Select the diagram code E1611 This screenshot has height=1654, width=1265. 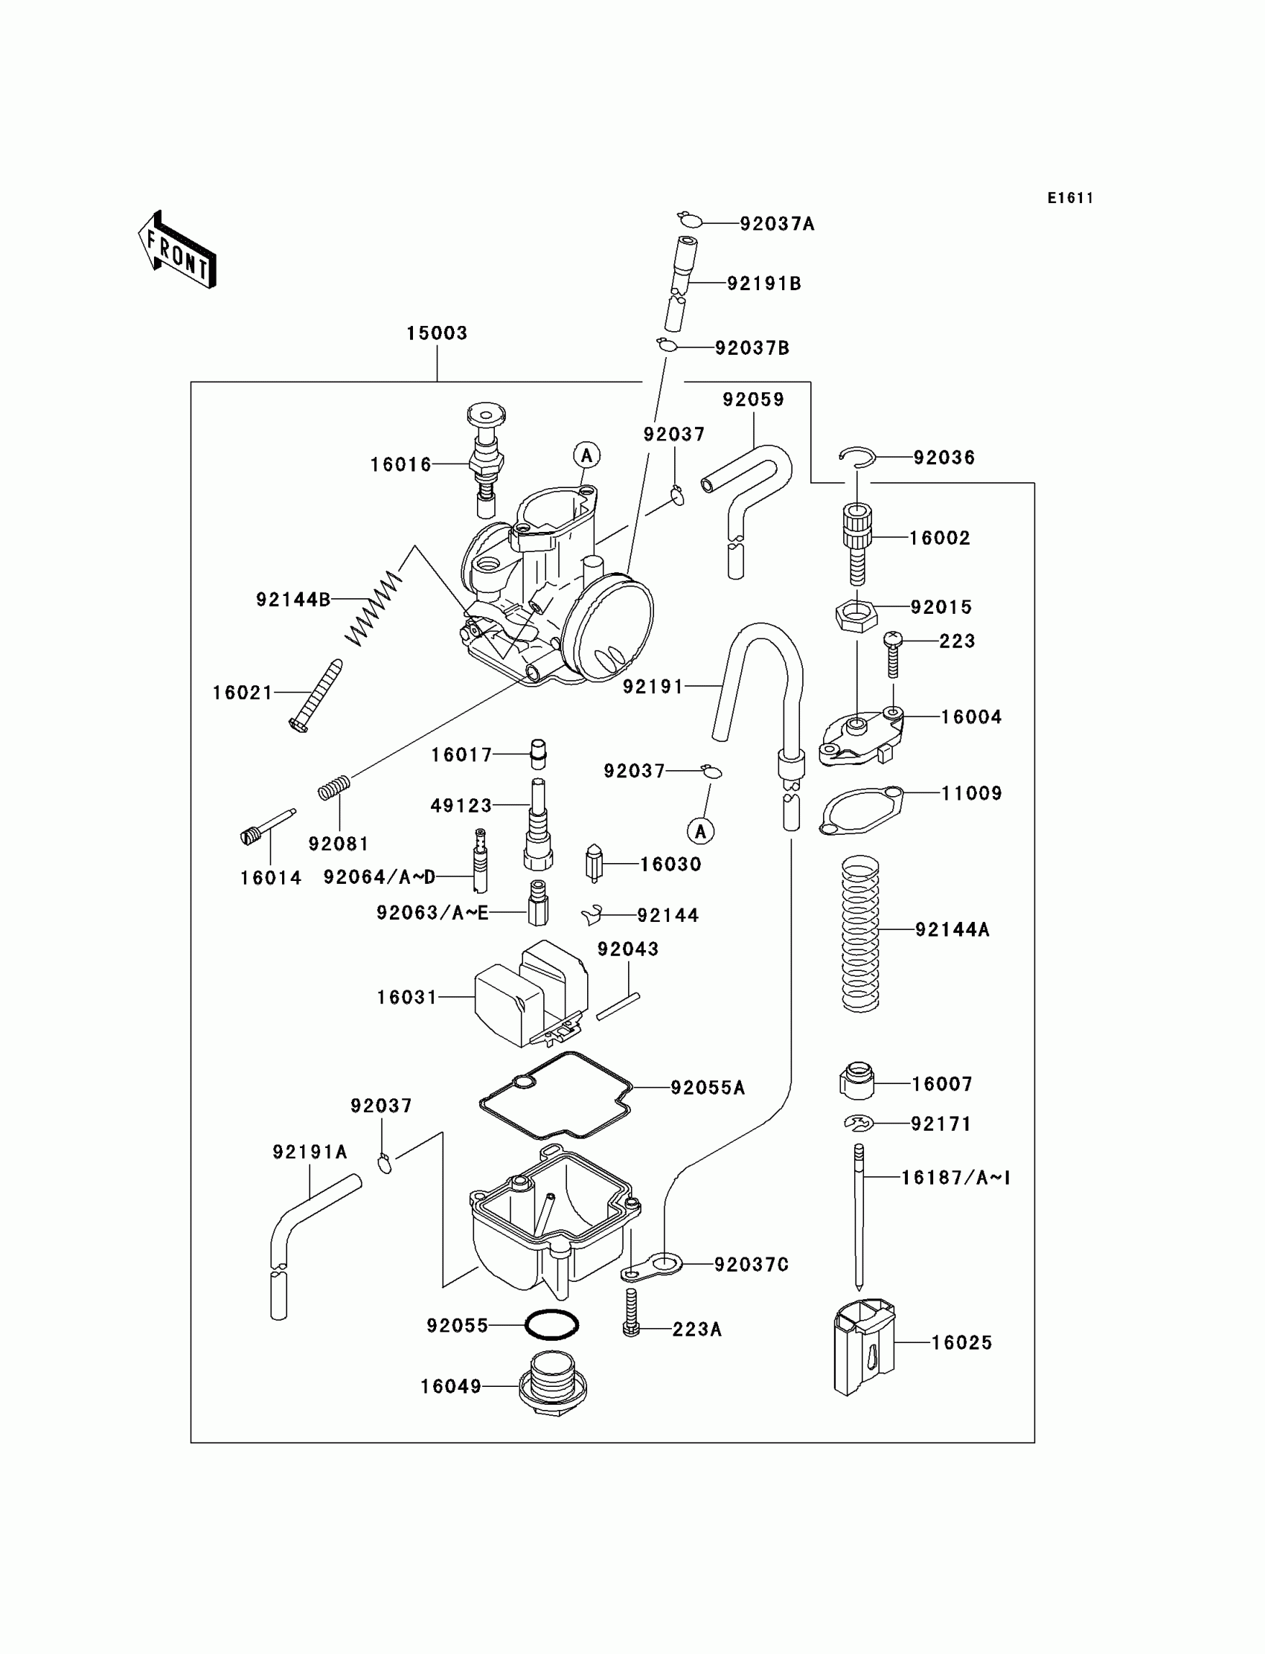[x=1070, y=198]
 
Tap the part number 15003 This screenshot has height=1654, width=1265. [x=437, y=333]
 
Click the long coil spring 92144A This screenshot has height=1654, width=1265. [x=860, y=934]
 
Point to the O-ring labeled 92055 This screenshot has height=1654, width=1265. [x=551, y=1346]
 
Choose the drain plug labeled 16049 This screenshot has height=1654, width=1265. [x=552, y=1387]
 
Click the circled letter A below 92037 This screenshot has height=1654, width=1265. [x=701, y=832]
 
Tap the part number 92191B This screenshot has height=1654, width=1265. [x=763, y=283]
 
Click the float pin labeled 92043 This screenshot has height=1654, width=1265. [x=618, y=1007]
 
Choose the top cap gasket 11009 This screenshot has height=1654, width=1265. [x=861, y=810]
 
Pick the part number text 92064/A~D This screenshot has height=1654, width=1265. [x=379, y=877]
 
